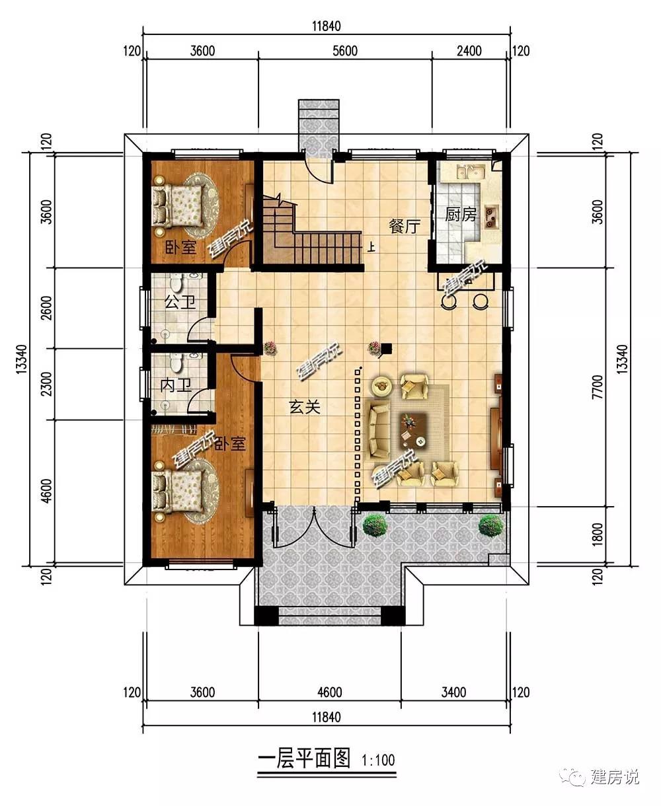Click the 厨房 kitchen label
[460, 215]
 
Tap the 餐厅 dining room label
[405, 226]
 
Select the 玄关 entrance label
[304, 408]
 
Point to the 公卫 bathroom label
[180, 302]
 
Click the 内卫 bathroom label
[175, 386]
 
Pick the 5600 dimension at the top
[345, 51]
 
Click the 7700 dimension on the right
[597, 387]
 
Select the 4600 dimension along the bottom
[330, 692]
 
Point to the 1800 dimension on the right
[597, 534]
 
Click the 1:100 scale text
[378, 760]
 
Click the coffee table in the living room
[414, 430]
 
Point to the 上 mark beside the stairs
[370, 248]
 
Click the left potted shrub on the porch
[375, 525]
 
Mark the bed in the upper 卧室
[178, 206]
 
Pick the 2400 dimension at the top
[469, 51]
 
